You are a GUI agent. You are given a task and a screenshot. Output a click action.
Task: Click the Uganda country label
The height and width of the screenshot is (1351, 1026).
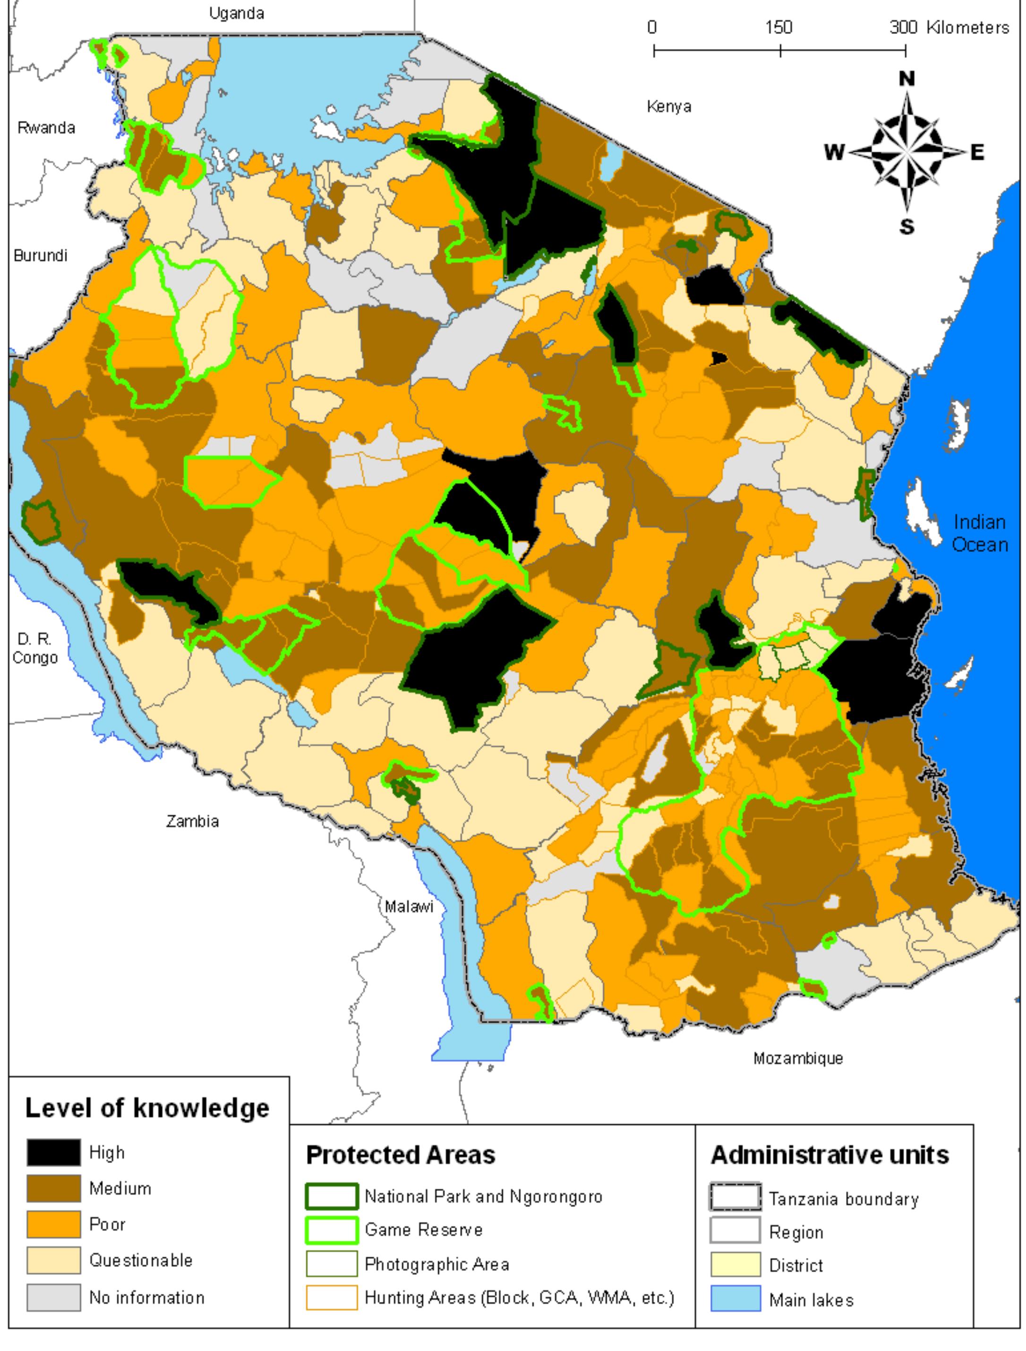(237, 13)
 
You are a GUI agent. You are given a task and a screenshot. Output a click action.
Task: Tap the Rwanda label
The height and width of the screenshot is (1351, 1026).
(46, 127)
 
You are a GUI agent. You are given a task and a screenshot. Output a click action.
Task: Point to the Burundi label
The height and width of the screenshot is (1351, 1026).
(40, 255)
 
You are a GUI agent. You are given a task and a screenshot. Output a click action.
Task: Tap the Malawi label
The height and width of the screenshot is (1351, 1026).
(409, 906)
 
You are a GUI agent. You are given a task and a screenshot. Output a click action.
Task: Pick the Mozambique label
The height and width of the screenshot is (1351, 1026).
(797, 1058)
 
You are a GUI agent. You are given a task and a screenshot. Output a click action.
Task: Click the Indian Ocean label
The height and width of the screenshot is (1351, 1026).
(980, 533)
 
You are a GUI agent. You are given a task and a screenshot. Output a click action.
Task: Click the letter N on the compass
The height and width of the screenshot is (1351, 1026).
(907, 79)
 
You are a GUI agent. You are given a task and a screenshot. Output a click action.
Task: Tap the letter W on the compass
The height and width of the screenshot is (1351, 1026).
(834, 152)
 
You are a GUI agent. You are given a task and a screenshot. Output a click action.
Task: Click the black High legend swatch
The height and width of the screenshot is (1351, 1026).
(53, 1153)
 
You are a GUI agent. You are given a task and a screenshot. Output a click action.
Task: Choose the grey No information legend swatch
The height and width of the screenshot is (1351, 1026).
(53, 1297)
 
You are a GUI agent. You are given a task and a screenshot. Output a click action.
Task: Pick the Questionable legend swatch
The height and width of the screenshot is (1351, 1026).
(53, 1261)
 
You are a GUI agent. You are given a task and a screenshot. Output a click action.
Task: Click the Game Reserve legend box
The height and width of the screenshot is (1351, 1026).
(331, 1230)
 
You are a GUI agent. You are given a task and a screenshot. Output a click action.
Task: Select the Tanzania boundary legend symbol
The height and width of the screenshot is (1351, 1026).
(735, 1198)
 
